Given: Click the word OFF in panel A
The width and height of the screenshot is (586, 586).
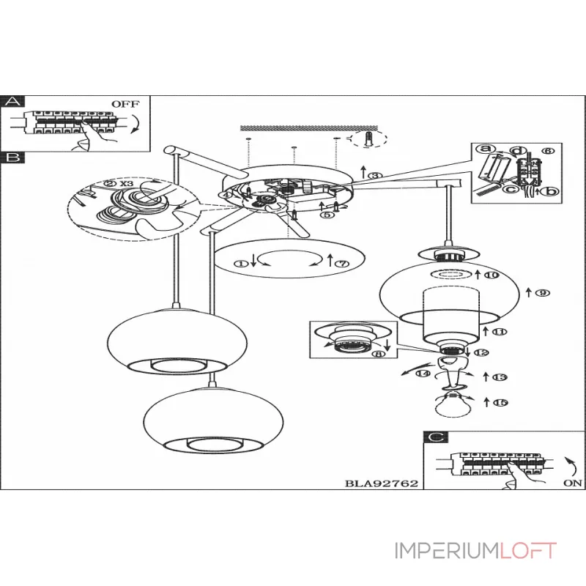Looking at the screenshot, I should point(125,103).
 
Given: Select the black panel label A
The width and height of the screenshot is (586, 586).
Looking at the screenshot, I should point(12,102).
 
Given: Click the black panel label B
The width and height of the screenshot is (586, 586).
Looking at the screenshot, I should point(12,157).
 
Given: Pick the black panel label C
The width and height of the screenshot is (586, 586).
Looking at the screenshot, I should point(436,437).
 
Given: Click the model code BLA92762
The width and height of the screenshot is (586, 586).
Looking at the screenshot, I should point(380,484).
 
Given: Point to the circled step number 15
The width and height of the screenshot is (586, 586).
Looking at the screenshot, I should point(500,402).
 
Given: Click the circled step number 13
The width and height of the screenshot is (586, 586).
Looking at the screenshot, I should point(500,377).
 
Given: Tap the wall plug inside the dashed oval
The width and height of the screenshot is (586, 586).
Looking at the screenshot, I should point(371,138).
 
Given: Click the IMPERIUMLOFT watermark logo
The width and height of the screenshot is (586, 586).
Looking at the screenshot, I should point(476,550).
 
